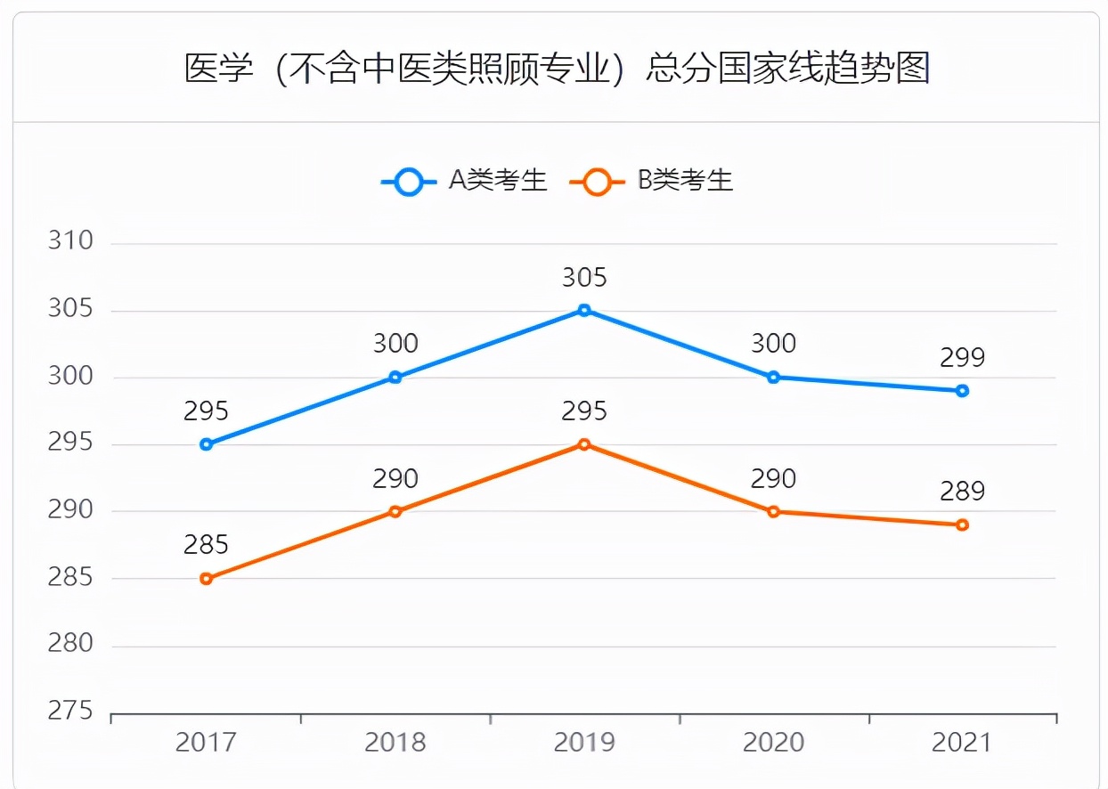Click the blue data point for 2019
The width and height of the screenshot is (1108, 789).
pos(584,310)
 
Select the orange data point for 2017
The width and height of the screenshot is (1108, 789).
pos(207,579)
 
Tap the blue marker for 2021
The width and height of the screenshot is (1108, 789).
pos(962,391)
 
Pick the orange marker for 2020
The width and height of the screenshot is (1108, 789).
pos(773,511)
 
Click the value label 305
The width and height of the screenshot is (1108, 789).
pos(584,278)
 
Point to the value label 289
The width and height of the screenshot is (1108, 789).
pos(962,492)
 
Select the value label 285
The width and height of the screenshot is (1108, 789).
pos(207,545)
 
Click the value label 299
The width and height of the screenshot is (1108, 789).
pos(962,358)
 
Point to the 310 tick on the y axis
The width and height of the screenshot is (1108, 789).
pos(70,242)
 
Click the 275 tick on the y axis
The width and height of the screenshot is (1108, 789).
pos(70,712)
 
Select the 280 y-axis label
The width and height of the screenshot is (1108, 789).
pos(70,644)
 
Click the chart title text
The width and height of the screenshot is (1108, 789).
pos(557,69)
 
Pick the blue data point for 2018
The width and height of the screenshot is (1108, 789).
pos(395,378)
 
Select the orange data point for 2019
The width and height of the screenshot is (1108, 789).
pos(584,444)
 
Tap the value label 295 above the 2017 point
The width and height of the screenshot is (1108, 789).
pos(207,411)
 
